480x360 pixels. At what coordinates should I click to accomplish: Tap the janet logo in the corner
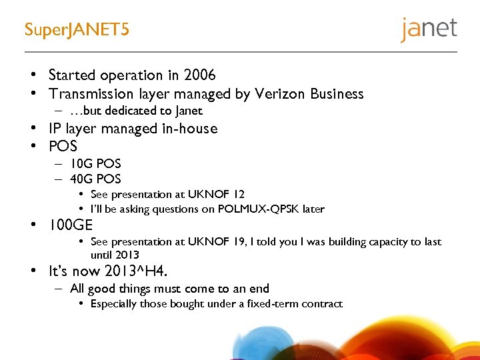(429, 29)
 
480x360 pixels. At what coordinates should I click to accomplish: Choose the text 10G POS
(95, 163)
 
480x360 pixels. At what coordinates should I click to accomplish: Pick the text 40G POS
(95, 179)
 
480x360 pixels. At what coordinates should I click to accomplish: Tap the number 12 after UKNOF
(238, 194)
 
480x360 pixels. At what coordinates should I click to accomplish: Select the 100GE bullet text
(71, 225)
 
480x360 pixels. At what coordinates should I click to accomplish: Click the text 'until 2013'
(115, 255)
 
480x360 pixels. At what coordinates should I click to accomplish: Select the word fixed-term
(267, 304)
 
